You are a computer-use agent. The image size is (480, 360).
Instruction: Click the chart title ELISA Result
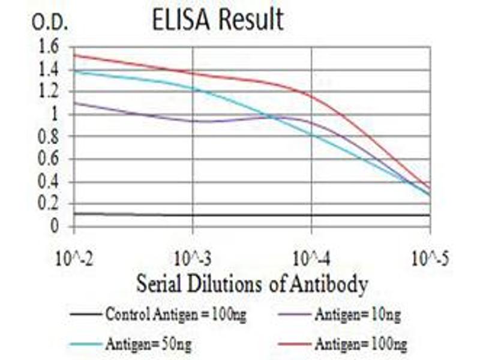(218, 20)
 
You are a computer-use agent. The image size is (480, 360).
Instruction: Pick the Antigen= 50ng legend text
(149, 344)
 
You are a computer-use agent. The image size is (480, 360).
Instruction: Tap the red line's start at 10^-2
(74, 55)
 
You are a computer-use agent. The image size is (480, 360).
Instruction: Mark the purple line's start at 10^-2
(74, 103)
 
